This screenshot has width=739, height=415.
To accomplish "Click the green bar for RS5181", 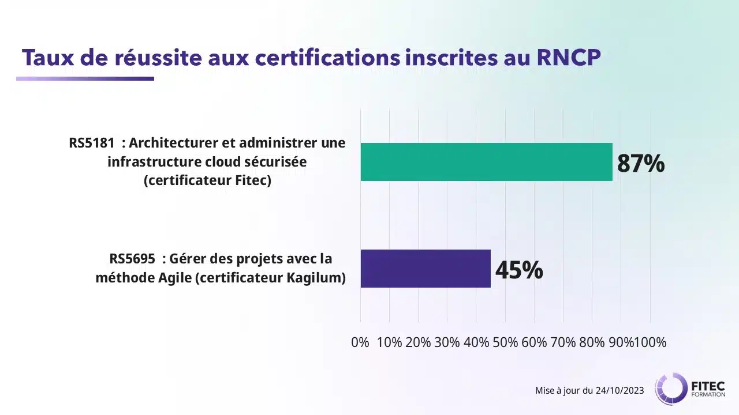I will (486, 162).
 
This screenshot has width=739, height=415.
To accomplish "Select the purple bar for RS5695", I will (426, 269).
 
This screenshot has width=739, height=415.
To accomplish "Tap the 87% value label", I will (641, 164).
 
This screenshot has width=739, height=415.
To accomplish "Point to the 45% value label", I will (519, 270).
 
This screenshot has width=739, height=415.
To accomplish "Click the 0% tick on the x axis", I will (360, 342).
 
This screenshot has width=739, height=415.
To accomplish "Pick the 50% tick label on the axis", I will (505, 342).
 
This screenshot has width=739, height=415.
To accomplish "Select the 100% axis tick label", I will (651, 342).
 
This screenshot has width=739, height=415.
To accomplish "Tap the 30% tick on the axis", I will (447, 342).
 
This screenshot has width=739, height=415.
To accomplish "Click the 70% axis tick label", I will (563, 342).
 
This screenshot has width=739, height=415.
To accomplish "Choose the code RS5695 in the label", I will (132, 259).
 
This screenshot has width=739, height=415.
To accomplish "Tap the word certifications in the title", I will (319, 58).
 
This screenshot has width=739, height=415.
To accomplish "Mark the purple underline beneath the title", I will (85, 79).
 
